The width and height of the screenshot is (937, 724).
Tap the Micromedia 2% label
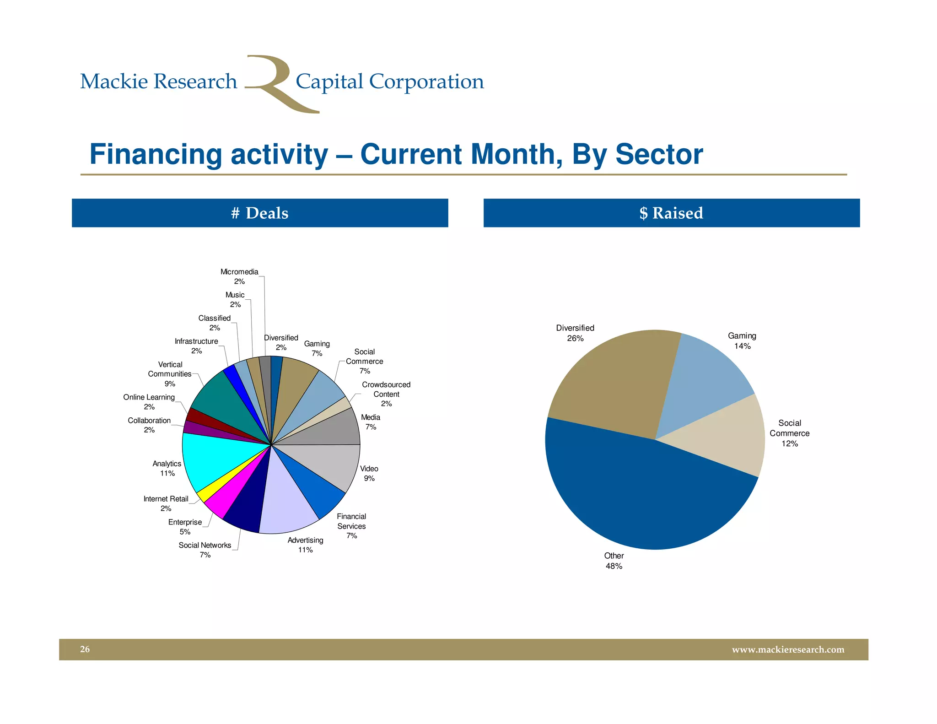[x=239, y=276]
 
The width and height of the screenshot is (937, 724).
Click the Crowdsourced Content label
[x=386, y=394]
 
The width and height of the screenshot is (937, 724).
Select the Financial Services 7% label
[x=351, y=526]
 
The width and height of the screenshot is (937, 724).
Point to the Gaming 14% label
[x=742, y=341]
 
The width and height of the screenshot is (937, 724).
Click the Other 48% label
[x=614, y=561]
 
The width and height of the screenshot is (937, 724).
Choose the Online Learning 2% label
[x=149, y=402]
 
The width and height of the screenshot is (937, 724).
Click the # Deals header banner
[x=260, y=213]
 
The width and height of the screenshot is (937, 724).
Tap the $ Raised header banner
[x=671, y=213]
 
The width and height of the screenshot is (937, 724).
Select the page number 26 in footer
[x=85, y=649]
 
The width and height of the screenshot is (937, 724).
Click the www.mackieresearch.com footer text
[x=788, y=649]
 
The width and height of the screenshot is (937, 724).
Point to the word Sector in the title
[x=659, y=154]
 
